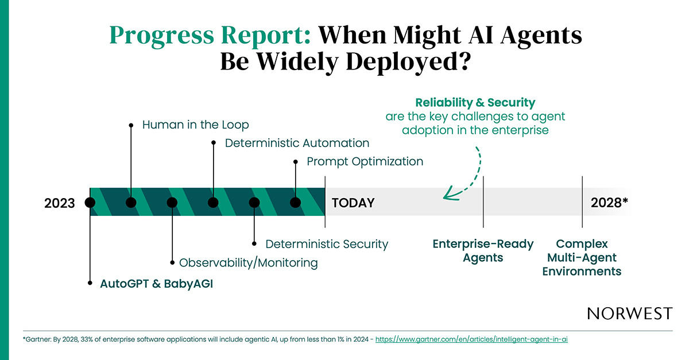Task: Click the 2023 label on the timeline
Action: coord(60,203)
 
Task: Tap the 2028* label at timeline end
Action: coord(609,203)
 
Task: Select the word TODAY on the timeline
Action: coord(353,203)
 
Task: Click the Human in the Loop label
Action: coord(195,125)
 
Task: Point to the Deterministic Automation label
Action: coord(297,143)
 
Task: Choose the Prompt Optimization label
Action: coord(365,162)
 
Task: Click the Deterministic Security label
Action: coord(327,244)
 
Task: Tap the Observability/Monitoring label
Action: coord(248,263)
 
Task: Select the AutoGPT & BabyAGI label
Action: coord(156,283)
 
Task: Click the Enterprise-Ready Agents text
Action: coord(483,251)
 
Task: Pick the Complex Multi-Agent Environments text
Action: coord(582,257)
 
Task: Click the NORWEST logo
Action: coord(629,313)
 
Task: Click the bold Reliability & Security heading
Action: coord(475,103)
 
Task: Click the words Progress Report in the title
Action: coord(210,36)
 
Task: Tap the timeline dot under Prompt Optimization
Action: coord(296,202)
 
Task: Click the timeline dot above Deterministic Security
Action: coord(254,202)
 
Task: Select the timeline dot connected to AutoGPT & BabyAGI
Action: coord(90,202)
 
